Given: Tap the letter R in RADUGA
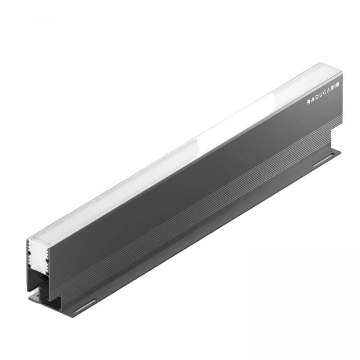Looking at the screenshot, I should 309,102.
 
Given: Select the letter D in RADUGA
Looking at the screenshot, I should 317,98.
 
